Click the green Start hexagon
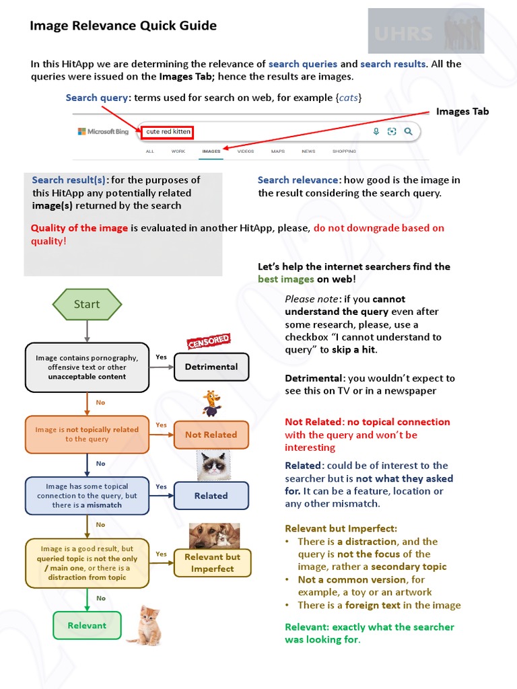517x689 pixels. tap(87, 304)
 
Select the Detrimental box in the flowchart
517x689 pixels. tap(211, 367)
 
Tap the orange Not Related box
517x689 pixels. tap(211, 435)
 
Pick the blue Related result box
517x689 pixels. tap(211, 496)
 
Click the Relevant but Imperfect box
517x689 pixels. tap(212, 563)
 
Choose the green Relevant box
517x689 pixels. tap(87, 626)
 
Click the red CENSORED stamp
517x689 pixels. tap(209, 341)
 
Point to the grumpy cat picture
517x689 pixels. tap(213, 466)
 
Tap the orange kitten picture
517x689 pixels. tap(144, 625)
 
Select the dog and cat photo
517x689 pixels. tap(214, 536)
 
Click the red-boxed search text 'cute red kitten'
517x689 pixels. tap(168, 132)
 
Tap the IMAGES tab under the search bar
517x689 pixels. tap(211, 151)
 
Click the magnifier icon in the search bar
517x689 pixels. tap(408, 132)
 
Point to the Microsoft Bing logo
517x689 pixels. tap(103, 132)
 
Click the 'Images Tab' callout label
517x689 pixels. tap(462, 112)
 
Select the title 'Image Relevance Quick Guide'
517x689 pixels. tap(123, 26)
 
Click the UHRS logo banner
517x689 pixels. tap(425, 31)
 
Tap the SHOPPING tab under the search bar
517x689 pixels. tap(344, 151)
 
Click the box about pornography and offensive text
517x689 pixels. tap(87, 367)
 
